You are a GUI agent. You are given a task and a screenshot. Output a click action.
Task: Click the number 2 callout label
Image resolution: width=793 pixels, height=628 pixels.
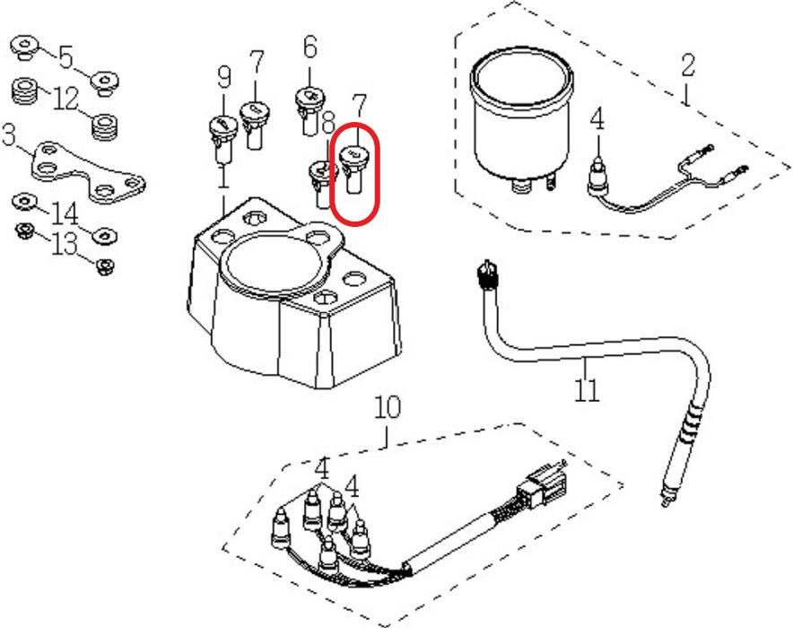[x=688, y=65]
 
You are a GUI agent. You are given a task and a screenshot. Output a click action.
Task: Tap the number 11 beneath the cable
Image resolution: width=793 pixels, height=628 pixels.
[x=587, y=391]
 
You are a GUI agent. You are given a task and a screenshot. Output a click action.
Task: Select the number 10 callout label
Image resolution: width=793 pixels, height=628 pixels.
[x=388, y=409]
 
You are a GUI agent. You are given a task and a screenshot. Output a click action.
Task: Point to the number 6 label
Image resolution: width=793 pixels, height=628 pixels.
[x=310, y=46]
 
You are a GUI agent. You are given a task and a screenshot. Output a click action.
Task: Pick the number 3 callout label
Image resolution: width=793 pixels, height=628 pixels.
[x=8, y=136]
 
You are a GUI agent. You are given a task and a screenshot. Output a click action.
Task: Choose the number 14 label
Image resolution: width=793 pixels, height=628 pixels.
[x=65, y=214]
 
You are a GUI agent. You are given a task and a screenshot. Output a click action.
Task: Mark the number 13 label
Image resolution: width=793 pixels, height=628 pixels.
[x=65, y=244]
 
